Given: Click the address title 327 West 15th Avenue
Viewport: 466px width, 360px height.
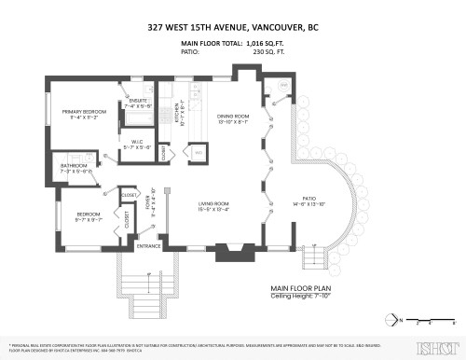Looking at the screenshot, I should click(x=232, y=28).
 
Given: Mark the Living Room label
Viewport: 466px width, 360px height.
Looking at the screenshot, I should click(x=212, y=204).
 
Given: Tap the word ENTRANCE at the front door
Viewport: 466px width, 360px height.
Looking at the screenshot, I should click(x=149, y=246).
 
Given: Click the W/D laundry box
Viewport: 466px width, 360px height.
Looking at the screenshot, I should click(x=198, y=150).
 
